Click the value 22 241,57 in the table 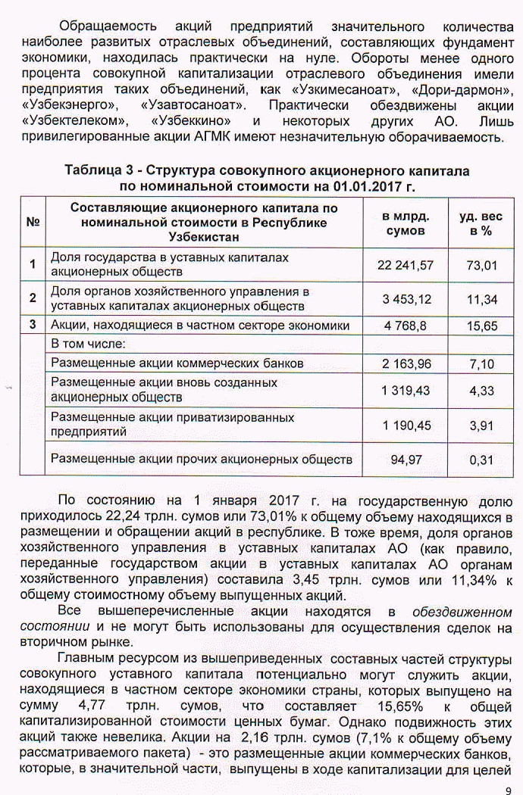click(x=405, y=264)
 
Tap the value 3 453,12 click(x=406, y=299)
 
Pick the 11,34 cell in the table click(x=481, y=299)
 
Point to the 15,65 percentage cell click(x=481, y=326)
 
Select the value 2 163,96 click(x=406, y=363)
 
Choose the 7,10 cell click(x=481, y=363)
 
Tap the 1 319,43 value click(x=406, y=391)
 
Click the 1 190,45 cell click(x=406, y=426)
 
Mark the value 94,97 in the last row click(x=406, y=459)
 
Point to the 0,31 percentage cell click(x=481, y=460)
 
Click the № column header click(x=33, y=223)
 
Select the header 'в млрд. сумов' click(x=406, y=223)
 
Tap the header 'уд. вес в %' click(x=481, y=223)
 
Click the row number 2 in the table click(x=33, y=298)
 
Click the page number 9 click(x=507, y=786)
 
